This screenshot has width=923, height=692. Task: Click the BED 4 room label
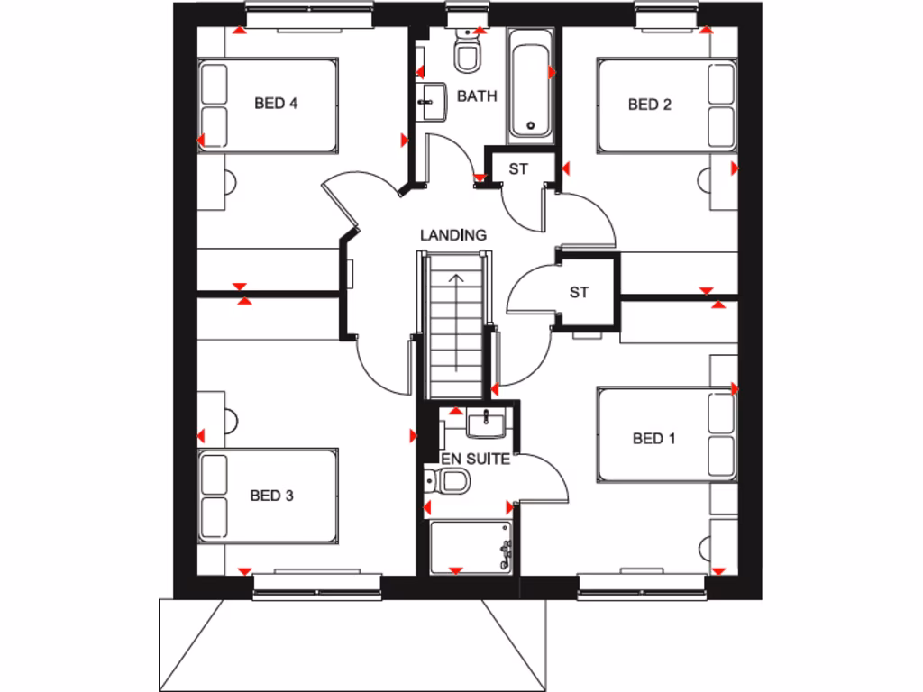(276, 104)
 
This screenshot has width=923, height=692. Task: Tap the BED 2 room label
(649, 105)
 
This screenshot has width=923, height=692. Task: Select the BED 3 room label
(272, 495)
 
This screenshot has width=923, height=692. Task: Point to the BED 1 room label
(653, 439)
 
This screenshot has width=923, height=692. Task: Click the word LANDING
(453, 235)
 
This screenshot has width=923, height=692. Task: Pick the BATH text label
(477, 96)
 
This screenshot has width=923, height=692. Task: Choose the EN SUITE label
(475, 459)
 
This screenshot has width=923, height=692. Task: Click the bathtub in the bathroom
(530, 86)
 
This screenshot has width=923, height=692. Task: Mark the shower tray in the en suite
(471, 546)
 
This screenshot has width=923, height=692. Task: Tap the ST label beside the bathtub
(518, 168)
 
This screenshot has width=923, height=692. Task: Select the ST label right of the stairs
(580, 292)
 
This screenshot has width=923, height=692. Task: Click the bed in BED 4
(269, 105)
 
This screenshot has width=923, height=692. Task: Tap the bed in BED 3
(269, 496)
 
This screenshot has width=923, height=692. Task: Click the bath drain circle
(531, 126)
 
